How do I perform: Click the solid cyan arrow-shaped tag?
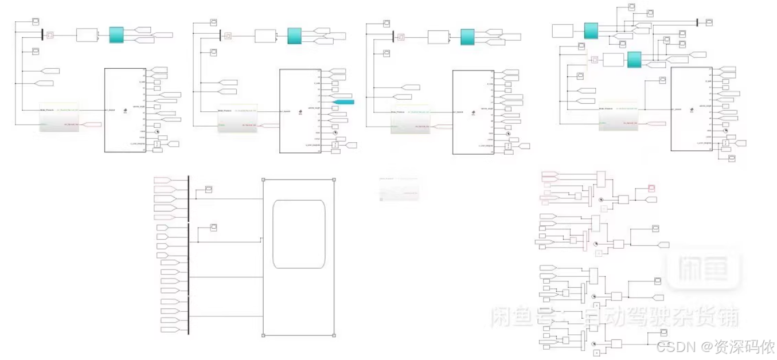point(343,102)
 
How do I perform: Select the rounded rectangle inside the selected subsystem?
point(299,234)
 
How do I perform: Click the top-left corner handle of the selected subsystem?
point(263,179)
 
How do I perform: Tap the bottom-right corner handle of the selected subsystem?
point(334,335)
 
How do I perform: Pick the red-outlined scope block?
point(651,188)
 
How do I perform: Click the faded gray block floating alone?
point(399,189)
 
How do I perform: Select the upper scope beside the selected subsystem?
point(209,190)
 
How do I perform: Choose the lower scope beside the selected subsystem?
point(213,228)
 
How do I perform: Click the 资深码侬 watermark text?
point(746,347)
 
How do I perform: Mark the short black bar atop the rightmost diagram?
point(697,22)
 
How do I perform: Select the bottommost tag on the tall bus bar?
point(170,330)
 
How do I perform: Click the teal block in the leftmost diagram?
point(116,35)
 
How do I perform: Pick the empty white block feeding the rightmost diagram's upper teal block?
point(563,31)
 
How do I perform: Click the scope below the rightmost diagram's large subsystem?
point(732,157)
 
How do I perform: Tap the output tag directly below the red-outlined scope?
point(651,199)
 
